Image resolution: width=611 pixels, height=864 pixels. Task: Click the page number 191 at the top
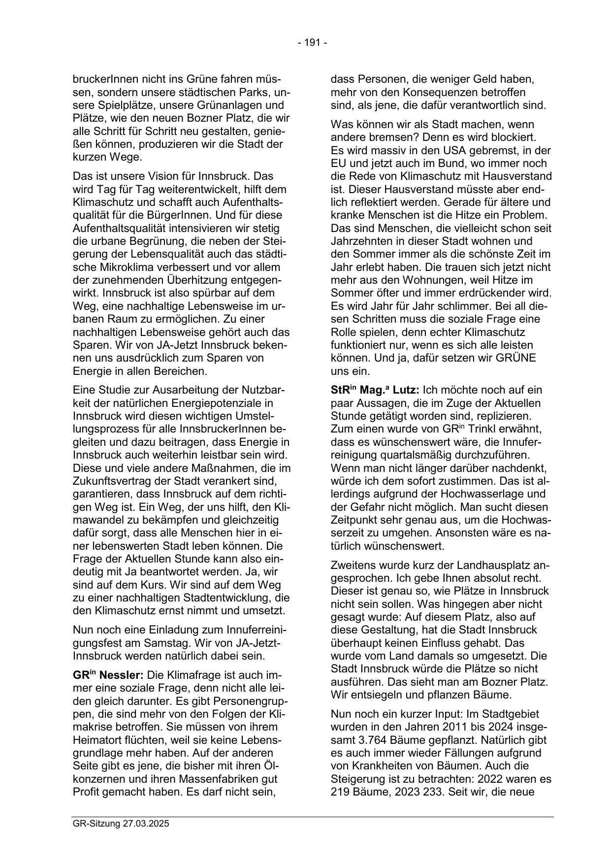pyautogui.click(x=312, y=43)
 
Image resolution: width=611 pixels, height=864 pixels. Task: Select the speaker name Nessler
pyautogui.click(x=123, y=675)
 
